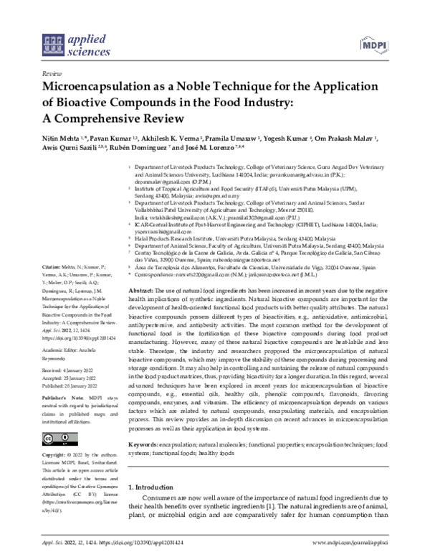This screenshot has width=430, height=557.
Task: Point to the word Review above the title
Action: (x=52, y=74)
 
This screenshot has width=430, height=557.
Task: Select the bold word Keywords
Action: (x=145, y=445)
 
